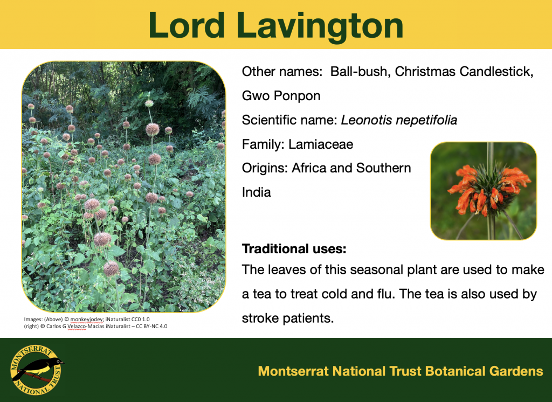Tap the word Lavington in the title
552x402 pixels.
(320, 25)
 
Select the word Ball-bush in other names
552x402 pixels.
(360, 72)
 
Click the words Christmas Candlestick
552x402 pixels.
(464, 72)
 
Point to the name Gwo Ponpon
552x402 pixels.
(281, 96)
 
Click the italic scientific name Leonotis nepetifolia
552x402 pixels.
(399, 120)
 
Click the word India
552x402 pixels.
(257, 192)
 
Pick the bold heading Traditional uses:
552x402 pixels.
(294, 249)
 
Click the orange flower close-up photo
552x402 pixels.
(483, 191)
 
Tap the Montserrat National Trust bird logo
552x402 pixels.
(36, 370)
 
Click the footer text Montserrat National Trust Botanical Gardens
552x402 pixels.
(400, 371)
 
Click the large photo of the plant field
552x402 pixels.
(123, 186)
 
